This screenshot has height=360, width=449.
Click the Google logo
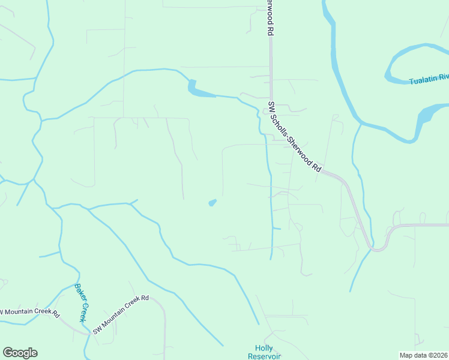pos(20,353)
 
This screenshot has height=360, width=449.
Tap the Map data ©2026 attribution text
pos(424,355)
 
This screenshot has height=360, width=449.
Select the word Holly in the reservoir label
pos(264,348)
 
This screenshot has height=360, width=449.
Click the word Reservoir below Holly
pos(264,356)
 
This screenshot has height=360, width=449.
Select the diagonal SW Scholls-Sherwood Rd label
pos(295,137)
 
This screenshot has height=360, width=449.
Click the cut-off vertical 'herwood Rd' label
pos(271,18)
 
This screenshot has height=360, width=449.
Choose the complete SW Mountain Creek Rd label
pos(121,316)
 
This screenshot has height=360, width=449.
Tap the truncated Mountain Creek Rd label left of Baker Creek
pos(30,313)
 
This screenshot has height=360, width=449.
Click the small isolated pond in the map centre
pos(212,203)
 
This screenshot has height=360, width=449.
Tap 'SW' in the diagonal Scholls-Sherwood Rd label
pos(271,107)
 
